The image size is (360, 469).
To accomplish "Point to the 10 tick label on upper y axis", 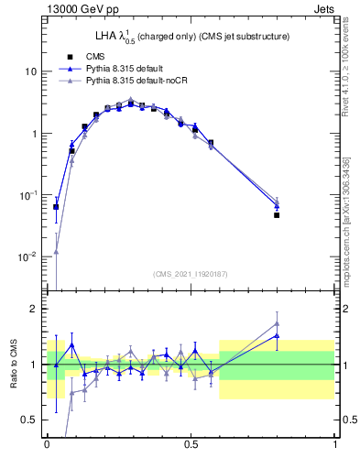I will tap(31, 71).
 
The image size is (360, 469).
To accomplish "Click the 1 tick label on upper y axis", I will tap(34, 134).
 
